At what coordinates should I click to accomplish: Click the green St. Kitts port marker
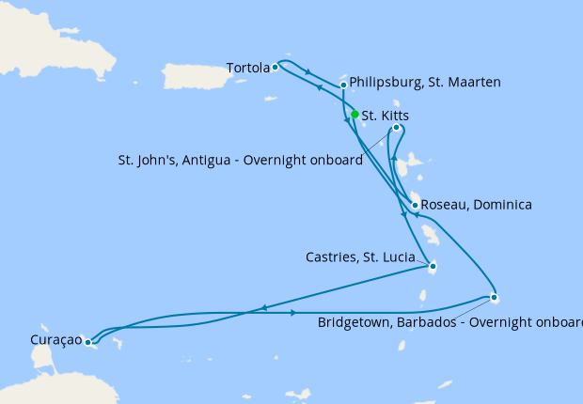click(x=355, y=115)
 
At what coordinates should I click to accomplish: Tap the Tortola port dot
click(x=275, y=68)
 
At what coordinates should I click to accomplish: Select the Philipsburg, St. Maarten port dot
click(x=344, y=85)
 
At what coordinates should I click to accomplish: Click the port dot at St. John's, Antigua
click(x=396, y=128)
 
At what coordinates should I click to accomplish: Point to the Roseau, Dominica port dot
click(x=415, y=205)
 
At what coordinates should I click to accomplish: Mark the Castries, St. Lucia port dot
click(x=433, y=266)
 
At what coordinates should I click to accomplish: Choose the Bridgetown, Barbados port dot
click(x=495, y=299)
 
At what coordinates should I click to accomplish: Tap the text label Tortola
click(x=247, y=68)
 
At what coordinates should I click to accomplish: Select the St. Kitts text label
click(x=386, y=116)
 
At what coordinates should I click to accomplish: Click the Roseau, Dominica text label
click(x=477, y=205)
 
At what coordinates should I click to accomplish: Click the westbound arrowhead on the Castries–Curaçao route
click(x=264, y=307)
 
